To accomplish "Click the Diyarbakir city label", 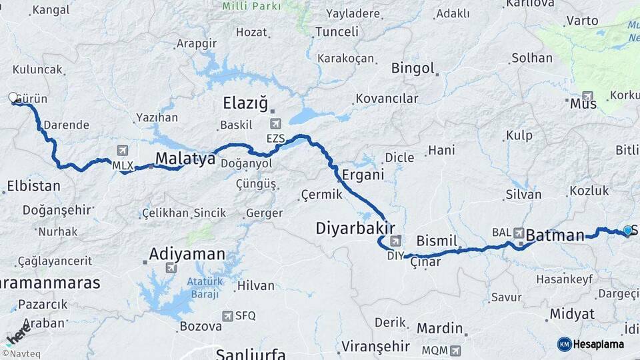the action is tap(351, 229).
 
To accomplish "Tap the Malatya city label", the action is tap(185, 159).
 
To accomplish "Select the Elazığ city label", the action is tap(245, 104).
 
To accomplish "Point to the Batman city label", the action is tap(555, 235).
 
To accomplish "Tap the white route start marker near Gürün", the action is tap(13, 98).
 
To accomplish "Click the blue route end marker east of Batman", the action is tap(627, 231).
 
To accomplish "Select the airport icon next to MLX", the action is tap(122, 151).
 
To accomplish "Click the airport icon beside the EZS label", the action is tap(275, 124).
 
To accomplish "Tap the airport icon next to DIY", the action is tap(396, 241).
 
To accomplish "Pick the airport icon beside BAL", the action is tap(519, 233).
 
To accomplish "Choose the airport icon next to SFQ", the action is tap(228, 315).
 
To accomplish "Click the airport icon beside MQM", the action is tap(455, 350).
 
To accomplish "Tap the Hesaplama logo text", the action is tap(598, 345).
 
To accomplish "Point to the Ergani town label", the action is tap(363, 175).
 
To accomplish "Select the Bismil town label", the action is tap(437, 241).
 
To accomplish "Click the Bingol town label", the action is tap(413, 68).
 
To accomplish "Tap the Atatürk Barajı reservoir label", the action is tap(199, 287).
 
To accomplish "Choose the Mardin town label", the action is tap(439, 329).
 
